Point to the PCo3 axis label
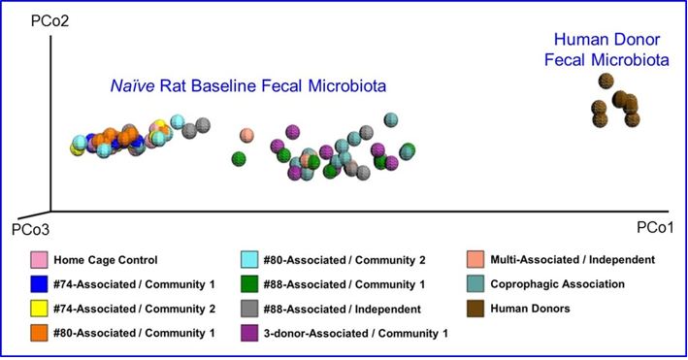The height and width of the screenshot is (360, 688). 28,230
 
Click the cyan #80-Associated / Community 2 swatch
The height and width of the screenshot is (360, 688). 249,260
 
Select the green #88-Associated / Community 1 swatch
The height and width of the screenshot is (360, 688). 249,285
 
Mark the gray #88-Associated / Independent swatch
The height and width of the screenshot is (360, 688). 249,310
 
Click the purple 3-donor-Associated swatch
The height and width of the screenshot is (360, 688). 249,335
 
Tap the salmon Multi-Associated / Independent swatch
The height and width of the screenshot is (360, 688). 475,260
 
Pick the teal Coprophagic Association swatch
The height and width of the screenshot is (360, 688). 475,285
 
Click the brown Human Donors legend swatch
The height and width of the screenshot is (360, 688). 475,310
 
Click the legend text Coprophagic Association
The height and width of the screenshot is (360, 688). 559,285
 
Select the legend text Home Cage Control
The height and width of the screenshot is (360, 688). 106,260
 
